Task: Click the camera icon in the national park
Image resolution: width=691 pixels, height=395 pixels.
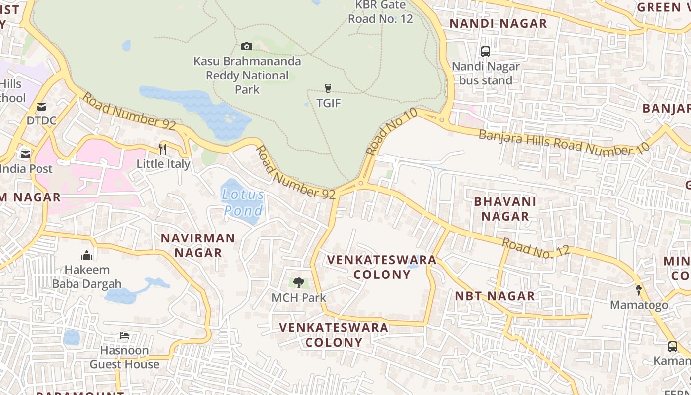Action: (247, 47)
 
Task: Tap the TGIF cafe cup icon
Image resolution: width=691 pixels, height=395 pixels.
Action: (328, 88)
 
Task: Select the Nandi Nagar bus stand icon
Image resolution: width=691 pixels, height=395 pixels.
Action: (486, 51)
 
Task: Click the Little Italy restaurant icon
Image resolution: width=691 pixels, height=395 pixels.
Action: (163, 149)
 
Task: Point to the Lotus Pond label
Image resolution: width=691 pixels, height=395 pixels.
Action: (243, 202)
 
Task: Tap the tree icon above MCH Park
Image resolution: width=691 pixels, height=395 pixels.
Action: (299, 283)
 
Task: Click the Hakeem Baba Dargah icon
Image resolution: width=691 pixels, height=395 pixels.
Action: (87, 255)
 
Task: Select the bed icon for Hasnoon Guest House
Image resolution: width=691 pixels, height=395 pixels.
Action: (124, 336)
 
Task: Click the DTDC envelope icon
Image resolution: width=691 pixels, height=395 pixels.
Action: (41, 106)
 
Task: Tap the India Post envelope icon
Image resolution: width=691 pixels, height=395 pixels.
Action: (26, 155)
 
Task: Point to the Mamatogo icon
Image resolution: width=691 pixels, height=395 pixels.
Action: (639, 290)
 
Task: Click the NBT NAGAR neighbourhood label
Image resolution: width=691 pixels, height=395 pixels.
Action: (495, 296)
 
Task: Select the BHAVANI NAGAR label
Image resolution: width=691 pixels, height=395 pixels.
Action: (505, 209)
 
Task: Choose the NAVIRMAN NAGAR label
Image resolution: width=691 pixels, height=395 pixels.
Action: (198, 245)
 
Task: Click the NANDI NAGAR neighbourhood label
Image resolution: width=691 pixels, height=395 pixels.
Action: (498, 23)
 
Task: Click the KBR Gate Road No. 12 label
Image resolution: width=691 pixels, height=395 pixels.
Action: (381, 12)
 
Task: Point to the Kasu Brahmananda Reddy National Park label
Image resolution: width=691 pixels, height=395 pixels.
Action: (247, 76)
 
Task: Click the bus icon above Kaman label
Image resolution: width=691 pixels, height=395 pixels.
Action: (673, 346)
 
